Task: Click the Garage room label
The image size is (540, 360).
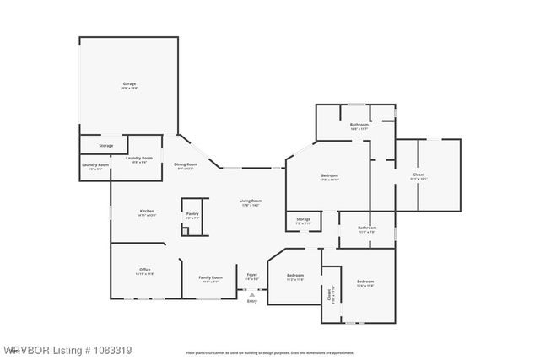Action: pyautogui.click(x=129, y=84)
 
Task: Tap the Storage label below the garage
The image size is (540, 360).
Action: pyautogui.click(x=106, y=146)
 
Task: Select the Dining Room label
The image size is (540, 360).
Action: pyautogui.click(x=186, y=164)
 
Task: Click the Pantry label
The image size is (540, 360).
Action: pyautogui.click(x=192, y=214)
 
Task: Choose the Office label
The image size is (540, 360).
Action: pyautogui.click(x=145, y=270)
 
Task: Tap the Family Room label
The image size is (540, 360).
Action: pyautogui.click(x=210, y=278)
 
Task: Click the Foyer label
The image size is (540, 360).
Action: pyautogui.click(x=251, y=275)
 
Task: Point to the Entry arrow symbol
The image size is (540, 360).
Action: pyautogui.click(x=251, y=294)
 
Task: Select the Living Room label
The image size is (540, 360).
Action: pyautogui.click(x=251, y=201)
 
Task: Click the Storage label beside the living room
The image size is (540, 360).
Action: pyautogui.click(x=303, y=220)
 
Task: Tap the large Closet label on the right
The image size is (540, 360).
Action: pyautogui.click(x=418, y=175)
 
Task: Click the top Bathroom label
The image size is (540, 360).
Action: pyautogui.click(x=359, y=125)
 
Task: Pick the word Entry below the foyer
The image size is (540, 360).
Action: pyautogui.click(x=251, y=301)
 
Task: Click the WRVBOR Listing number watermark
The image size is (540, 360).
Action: pyautogui.click(x=67, y=349)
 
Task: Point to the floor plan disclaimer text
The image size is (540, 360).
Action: pyautogui.click(x=269, y=353)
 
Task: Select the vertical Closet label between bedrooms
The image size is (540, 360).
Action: pyautogui.click(x=330, y=295)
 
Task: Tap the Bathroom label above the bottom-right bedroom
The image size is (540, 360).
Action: pyautogui.click(x=367, y=227)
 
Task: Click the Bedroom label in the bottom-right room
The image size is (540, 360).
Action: pyautogui.click(x=364, y=281)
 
